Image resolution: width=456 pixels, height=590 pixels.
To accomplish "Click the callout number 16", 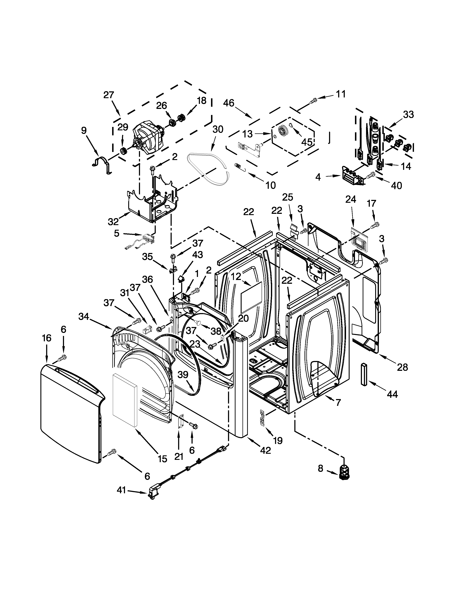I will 47,338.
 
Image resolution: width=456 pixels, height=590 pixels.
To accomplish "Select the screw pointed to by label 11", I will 313,101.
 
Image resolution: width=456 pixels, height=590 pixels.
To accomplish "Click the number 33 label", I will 408,115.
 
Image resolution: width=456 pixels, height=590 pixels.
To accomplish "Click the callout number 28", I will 402,367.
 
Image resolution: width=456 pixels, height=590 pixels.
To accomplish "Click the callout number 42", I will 266,450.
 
